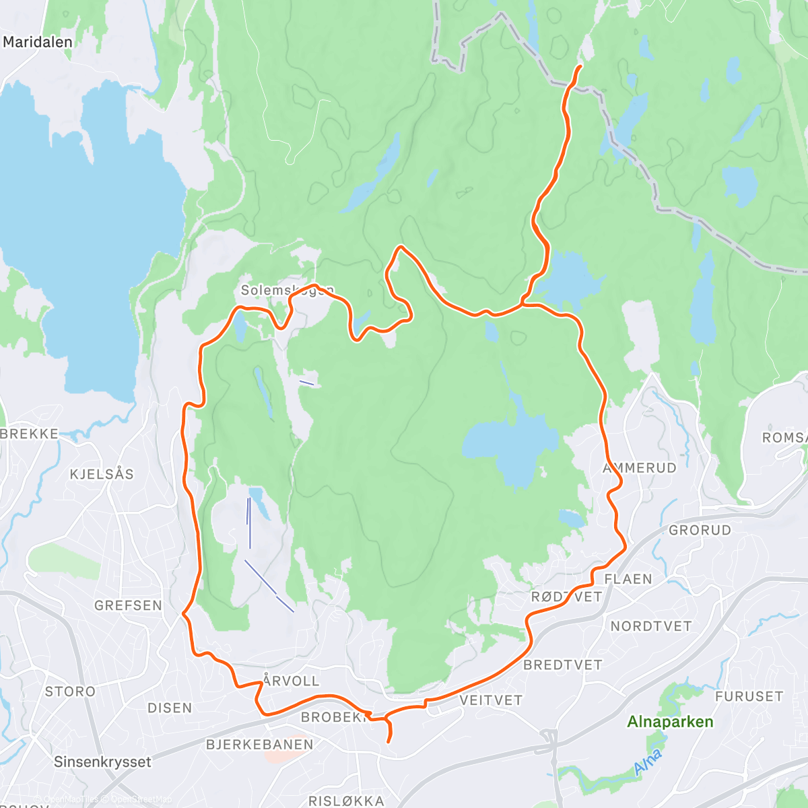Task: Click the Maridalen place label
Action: point(38,42)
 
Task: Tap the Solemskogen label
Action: point(288,290)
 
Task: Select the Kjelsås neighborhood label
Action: point(102,474)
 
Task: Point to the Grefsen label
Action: point(128,605)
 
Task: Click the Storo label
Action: point(70,692)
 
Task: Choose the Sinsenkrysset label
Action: point(102,762)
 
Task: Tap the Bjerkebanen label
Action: point(259,744)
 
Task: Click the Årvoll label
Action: point(291,681)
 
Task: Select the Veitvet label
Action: point(491,700)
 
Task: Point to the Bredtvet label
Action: point(562,665)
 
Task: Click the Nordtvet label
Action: point(650,626)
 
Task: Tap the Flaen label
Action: point(628,579)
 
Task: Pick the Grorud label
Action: point(700,530)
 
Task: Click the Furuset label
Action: point(749,696)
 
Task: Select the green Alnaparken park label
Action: point(670,722)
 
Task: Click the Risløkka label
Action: point(346,801)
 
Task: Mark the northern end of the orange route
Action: point(580,66)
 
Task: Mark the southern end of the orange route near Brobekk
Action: point(389,742)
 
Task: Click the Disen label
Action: point(170,708)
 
